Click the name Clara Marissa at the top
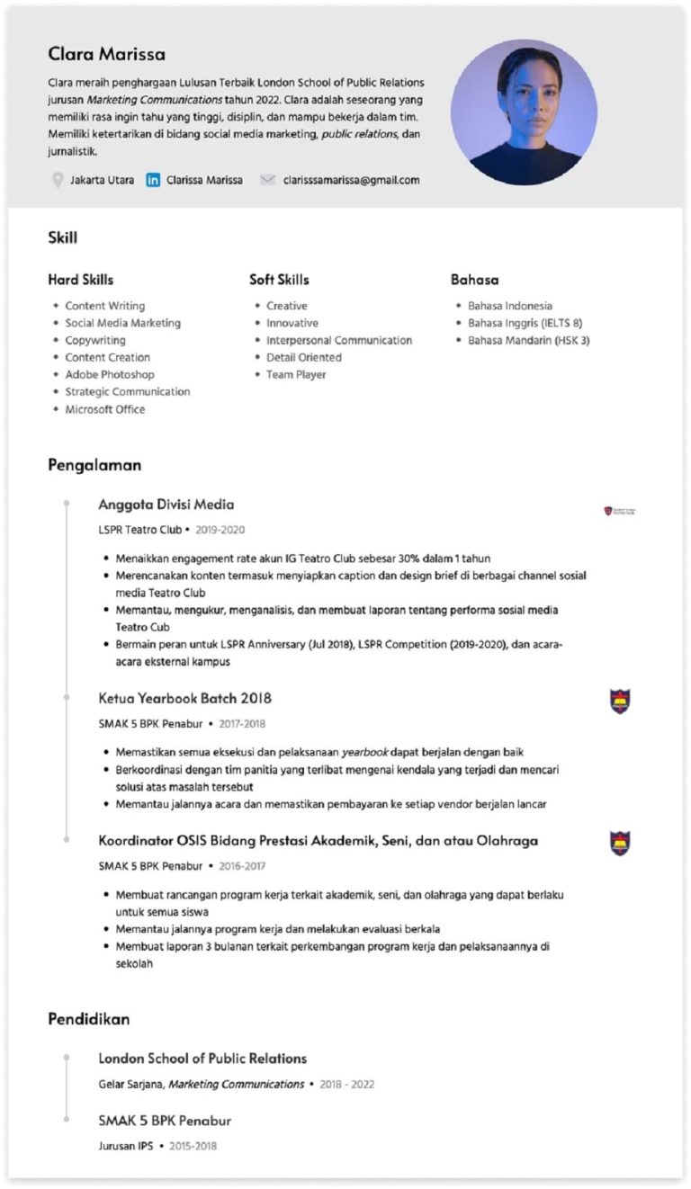[106, 54]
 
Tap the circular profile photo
[524, 112]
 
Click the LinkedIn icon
[153, 180]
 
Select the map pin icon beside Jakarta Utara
[58, 180]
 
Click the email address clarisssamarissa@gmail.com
[351, 180]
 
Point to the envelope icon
[267, 180]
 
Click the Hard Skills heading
[81, 280]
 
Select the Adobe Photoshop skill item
[109, 374]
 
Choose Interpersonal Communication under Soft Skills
[338, 340]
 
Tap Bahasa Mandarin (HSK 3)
[528, 340]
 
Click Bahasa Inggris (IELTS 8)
[525, 323]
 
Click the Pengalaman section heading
[94, 465]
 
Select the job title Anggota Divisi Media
[166, 505]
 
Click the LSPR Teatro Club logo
[620, 511]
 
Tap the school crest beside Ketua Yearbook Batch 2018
[620, 701]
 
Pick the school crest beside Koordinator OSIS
[620, 843]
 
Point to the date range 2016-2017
[242, 866]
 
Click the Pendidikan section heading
[88, 1019]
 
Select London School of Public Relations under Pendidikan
[202, 1059]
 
